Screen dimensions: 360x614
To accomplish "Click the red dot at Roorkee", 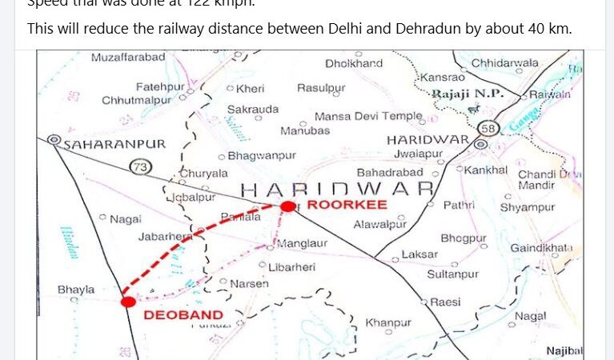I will pos(287,206).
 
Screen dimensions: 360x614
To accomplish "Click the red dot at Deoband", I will pos(128,302).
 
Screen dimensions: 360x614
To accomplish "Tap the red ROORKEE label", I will pos(336,205).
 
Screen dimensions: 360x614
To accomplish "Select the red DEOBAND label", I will pos(183,314).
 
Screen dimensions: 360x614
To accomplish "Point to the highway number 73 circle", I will pos(141,166).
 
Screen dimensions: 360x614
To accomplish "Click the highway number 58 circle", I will pos(488,128).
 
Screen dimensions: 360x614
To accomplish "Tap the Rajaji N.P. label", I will pos(468,94).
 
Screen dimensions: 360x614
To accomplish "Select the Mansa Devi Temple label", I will pos(368,116).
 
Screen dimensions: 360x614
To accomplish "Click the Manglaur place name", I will pos(303,242).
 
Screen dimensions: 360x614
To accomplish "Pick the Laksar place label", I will pos(419,254).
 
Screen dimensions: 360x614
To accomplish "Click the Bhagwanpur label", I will pos(262,155).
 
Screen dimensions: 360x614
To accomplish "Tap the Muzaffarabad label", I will pos(128,58).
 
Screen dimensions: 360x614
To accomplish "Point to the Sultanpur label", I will pos(452,274).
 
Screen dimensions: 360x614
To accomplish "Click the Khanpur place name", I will pos(388,323).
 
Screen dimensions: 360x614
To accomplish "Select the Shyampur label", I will pos(528,207).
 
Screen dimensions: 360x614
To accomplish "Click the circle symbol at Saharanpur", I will pos(54,139).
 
